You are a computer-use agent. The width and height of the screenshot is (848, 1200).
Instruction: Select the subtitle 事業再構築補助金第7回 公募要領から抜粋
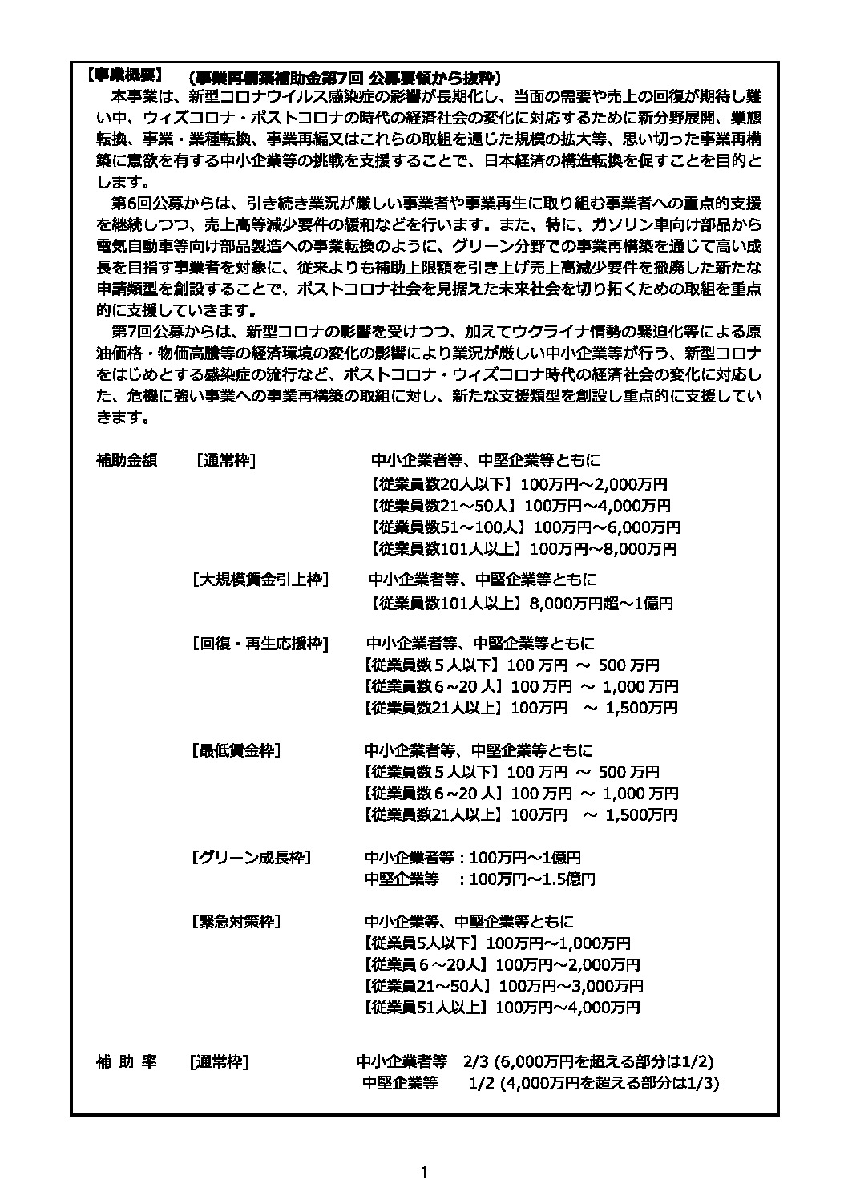344,77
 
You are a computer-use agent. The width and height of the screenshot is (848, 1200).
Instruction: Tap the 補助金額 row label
127,460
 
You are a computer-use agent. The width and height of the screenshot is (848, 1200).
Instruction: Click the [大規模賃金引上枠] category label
260,580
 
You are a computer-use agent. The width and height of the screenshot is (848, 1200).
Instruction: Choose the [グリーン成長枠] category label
251,857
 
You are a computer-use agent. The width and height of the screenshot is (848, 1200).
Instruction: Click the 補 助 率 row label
127,1062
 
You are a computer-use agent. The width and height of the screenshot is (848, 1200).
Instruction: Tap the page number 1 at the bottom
424,1173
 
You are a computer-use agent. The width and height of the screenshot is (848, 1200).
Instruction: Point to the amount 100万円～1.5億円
532,879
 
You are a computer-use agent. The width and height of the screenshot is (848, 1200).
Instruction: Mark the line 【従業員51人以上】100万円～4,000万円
501,1007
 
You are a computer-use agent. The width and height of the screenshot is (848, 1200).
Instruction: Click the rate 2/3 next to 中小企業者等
474,1062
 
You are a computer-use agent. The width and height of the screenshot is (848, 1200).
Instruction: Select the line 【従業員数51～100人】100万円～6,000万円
525,527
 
